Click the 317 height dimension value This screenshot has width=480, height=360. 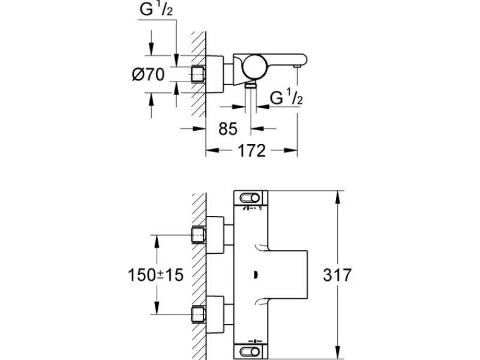coord(337,275)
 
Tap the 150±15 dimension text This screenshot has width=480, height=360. coord(155,275)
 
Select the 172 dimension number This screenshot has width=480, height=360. coord(251,151)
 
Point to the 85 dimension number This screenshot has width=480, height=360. coord(228,128)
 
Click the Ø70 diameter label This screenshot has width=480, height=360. coord(148,74)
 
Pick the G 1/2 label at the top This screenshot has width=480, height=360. coord(156,9)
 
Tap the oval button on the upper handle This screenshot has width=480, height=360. coord(250,198)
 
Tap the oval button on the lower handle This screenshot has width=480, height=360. coord(250,351)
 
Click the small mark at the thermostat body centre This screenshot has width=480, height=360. coord(254,275)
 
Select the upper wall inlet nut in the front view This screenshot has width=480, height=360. coord(199,235)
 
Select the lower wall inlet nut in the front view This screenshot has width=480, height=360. coord(199,314)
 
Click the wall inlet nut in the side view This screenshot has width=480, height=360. coord(199,74)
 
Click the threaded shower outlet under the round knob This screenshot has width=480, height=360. coord(251,85)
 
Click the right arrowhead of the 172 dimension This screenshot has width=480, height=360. coord(290,150)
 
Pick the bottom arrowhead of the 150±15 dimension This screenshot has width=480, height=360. coord(157,307)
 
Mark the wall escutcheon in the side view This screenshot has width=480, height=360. coord(215,74)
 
